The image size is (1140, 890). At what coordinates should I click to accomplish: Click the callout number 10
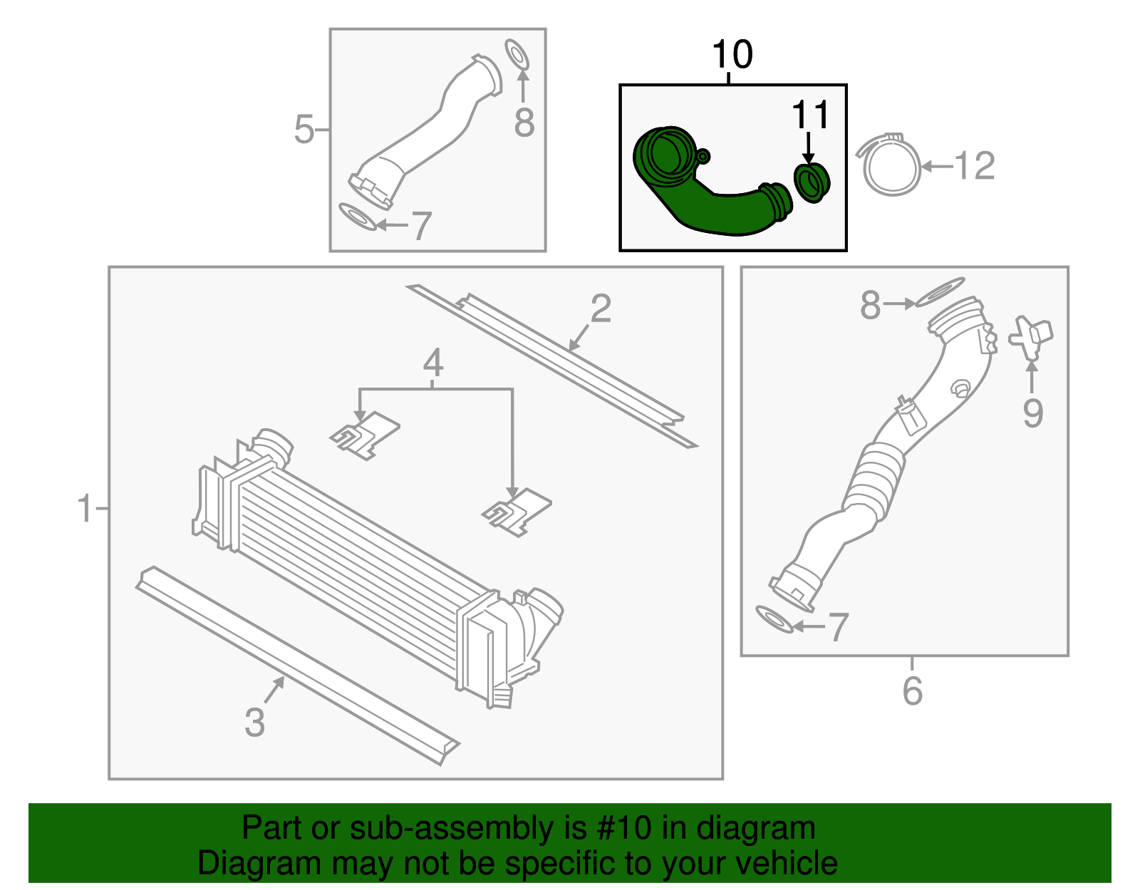click(732, 55)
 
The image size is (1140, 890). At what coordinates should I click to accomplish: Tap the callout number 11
click(810, 115)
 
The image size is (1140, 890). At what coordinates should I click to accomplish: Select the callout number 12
click(974, 166)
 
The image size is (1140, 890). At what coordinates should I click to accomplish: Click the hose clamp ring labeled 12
click(891, 165)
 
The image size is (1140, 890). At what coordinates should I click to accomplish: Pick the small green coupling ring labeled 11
click(812, 182)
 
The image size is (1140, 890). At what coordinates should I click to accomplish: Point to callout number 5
click(304, 130)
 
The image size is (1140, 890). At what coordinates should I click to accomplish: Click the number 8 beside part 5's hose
click(524, 123)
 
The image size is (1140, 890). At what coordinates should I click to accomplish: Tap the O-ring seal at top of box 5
click(517, 55)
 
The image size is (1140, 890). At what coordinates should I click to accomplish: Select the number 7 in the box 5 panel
click(422, 226)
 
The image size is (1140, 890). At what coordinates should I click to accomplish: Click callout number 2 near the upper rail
click(601, 309)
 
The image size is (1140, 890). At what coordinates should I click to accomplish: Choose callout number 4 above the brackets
click(433, 363)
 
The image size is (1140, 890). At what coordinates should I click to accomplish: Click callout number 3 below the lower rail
click(254, 722)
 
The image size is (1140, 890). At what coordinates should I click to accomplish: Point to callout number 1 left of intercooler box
click(85, 509)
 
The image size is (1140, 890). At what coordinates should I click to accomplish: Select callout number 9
click(1032, 413)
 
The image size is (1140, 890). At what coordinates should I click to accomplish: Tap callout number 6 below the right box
click(912, 690)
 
